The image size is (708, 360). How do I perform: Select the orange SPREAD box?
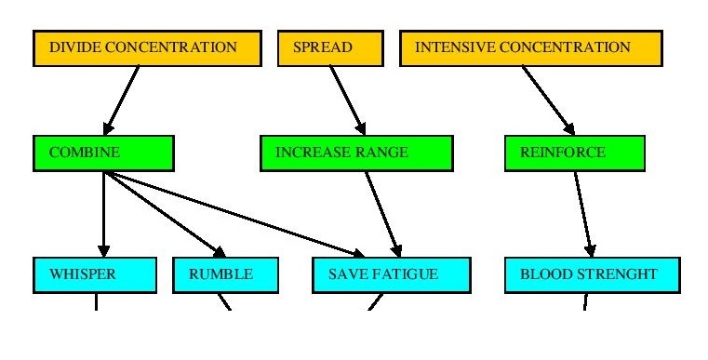[x=330, y=48]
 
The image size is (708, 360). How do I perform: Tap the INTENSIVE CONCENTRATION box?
[x=530, y=48]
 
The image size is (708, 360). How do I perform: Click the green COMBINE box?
[x=103, y=153]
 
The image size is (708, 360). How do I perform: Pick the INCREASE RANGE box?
[x=356, y=153]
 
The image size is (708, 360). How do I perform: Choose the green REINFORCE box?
[x=561, y=153]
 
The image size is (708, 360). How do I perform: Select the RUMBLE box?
[x=226, y=275]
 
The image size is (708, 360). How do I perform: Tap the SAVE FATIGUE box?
[x=389, y=275]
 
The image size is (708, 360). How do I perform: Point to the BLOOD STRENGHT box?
[x=593, y=275]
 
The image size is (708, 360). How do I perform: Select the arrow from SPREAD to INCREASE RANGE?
[x=348, y=100]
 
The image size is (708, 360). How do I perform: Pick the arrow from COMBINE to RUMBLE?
[x=163, y=212]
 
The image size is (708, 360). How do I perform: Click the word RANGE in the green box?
[x=381, y=153]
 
